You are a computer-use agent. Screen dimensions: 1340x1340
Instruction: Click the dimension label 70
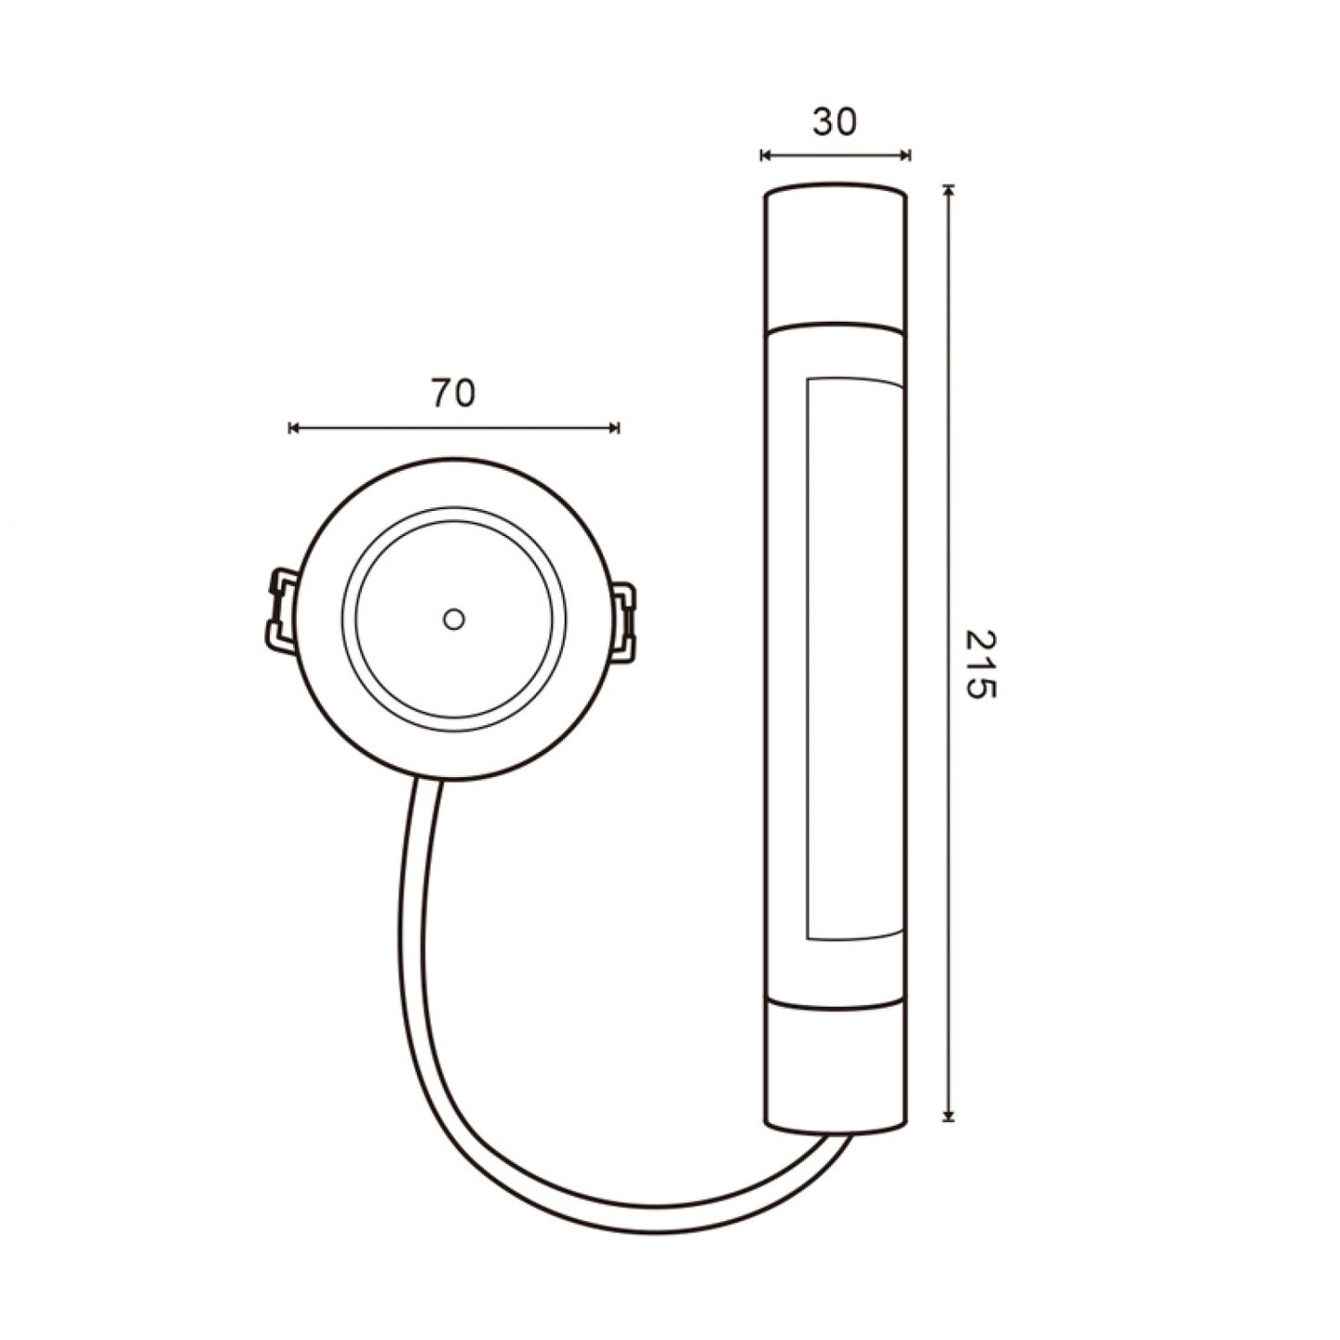(453, 394)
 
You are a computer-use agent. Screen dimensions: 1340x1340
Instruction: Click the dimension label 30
(835, 121)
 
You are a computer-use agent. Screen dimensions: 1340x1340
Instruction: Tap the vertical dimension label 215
(979, 665)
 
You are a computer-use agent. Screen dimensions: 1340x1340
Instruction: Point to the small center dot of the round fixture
(453, 619)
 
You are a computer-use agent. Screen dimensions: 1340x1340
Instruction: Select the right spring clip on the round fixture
(624, 621)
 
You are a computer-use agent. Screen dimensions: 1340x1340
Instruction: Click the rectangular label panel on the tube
(855, 658)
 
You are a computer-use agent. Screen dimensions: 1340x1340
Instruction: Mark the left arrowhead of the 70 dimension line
(293, 428)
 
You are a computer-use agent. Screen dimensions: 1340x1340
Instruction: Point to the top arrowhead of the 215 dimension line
(948, 190)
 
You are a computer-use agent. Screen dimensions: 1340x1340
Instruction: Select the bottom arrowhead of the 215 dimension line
(948, 1117)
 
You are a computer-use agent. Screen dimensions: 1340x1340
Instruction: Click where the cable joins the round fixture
(428, 782)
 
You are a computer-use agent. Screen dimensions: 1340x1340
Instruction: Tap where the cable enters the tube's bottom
(838, 1137)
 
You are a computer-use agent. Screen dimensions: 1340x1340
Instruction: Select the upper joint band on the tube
(835, 328)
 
